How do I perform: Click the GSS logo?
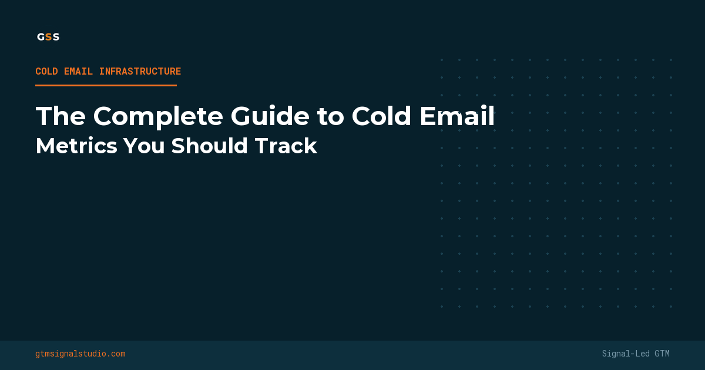tap(48, 36)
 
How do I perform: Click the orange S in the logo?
tap(48, 36)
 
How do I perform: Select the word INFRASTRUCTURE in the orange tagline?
tap(140, 72)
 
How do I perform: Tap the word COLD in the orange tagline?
tap(46, 72)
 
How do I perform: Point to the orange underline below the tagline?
tap(106, 85)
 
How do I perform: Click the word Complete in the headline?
tap(158, 116)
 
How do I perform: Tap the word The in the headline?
tap(61, 116)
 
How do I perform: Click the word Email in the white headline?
tap(456, 116)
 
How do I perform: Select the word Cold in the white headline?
tap(381, 116)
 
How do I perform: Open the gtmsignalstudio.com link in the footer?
tap(80, 354)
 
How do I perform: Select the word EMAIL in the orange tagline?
tap(79, 72)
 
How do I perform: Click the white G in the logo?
tap(41, 36)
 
